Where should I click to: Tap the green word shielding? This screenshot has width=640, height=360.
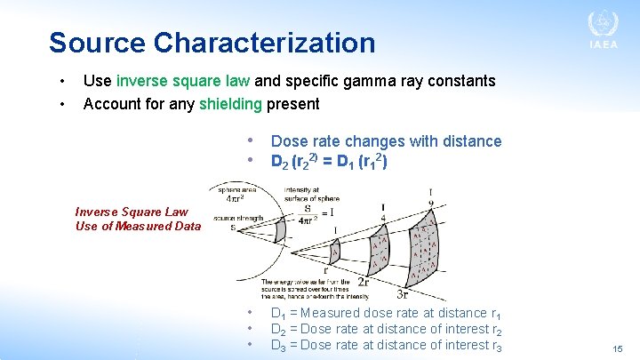coord(230,104)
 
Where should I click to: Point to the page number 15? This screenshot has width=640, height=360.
coord(617,350)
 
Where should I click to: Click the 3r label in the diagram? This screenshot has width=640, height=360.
coord(403,294)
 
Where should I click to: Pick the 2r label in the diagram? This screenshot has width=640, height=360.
coord(364,283)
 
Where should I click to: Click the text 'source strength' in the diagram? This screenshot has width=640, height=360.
coord(237,217)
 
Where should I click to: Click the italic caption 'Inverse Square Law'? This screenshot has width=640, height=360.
coord(132,212)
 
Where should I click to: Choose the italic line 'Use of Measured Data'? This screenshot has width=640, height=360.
coord(138,226)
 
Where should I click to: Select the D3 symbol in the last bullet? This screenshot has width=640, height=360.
coord(278,345)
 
